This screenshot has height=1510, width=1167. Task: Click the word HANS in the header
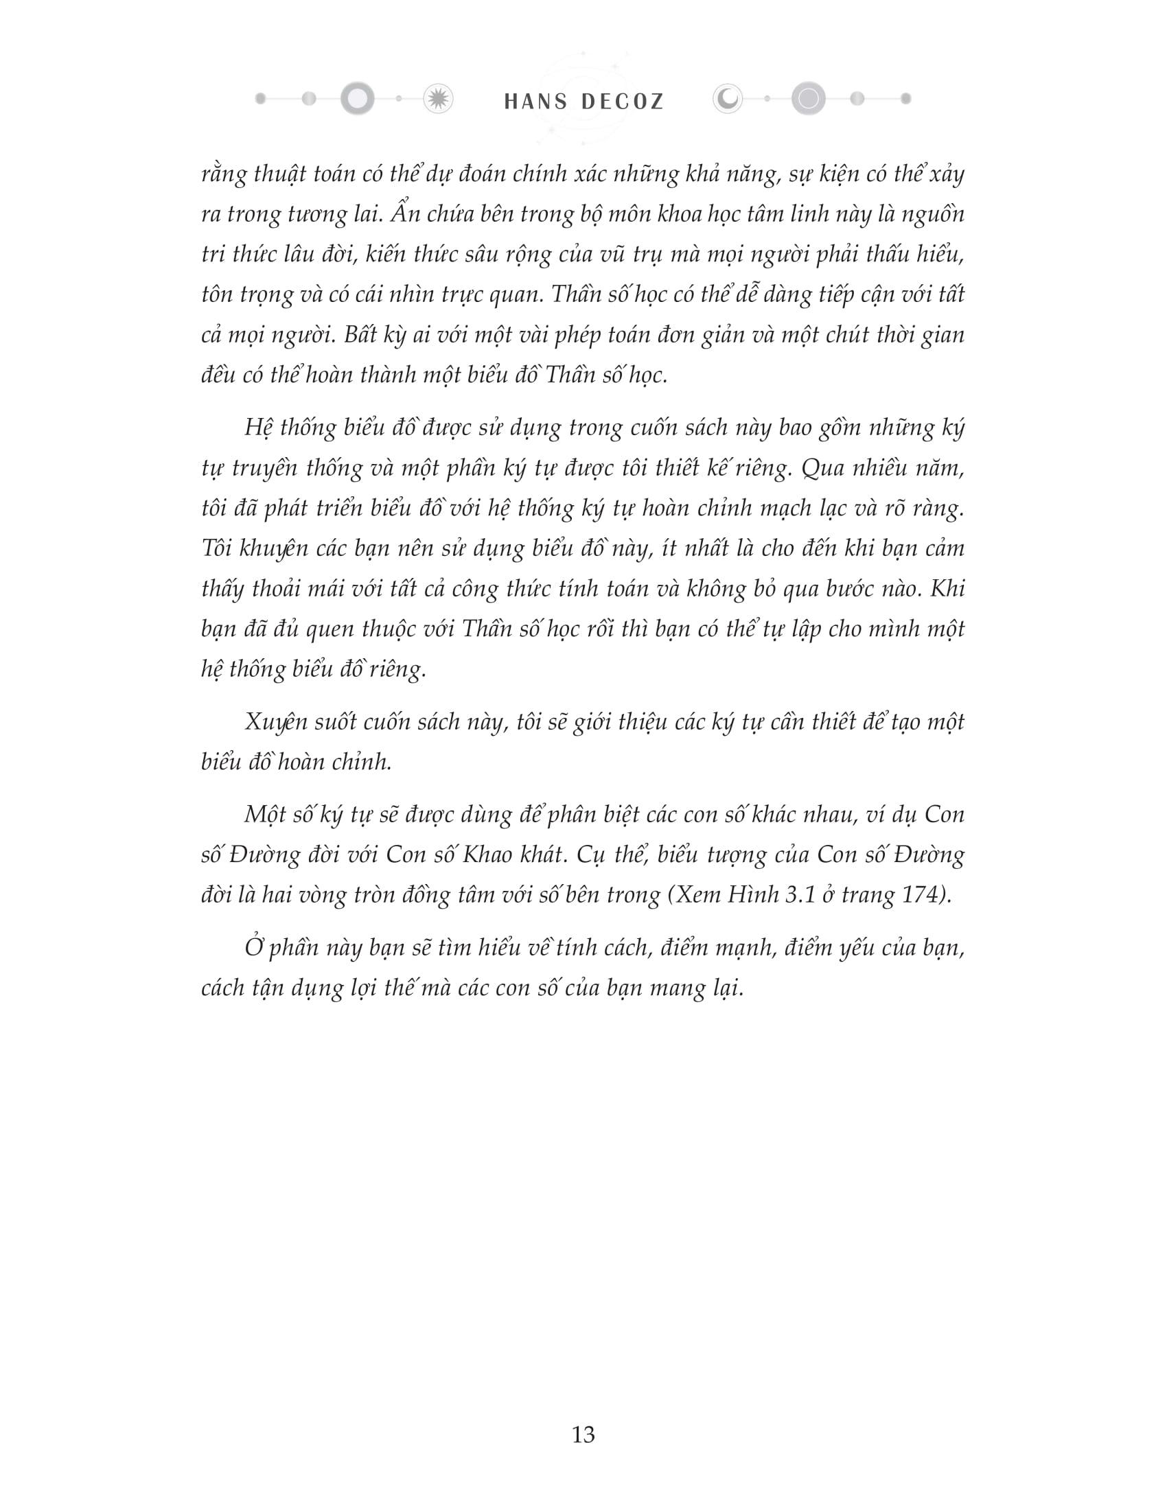[x=535, y=102]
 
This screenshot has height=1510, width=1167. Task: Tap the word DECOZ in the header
[x=622, y=102]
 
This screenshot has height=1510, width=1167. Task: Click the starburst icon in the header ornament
[x=437, y=100]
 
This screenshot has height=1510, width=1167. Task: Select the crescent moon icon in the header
[x=727, y=100]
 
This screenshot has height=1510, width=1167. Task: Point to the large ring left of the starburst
[x=357, y=99]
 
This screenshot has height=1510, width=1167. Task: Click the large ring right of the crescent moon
[x=807, y=98]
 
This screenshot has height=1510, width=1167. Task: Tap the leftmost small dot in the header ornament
[x=261, y=99]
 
